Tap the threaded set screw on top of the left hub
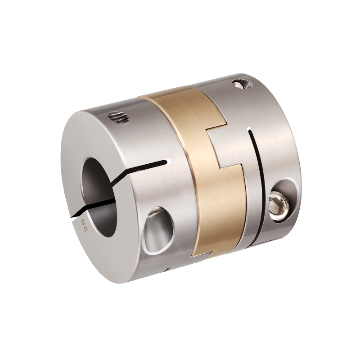click(x=118, y=117)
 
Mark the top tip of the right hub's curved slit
click(x=249, y=130)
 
